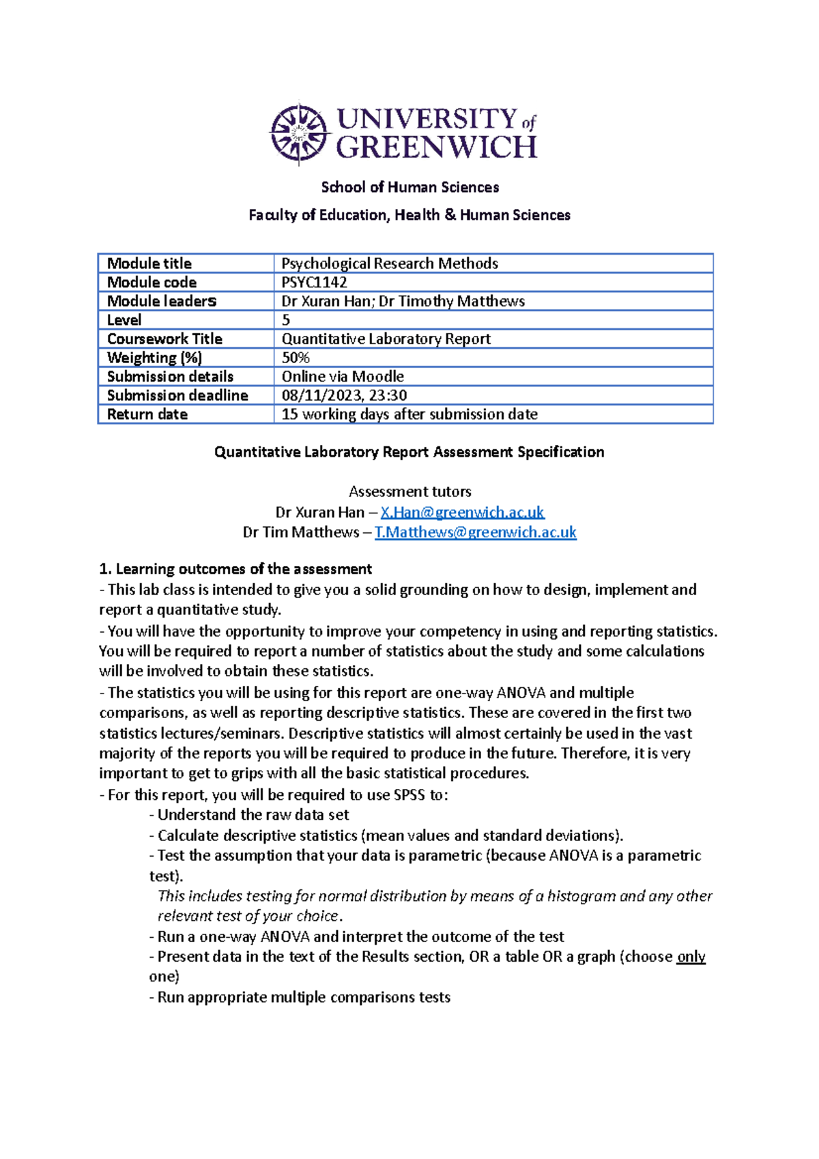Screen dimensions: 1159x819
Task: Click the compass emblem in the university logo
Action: [x=298, y=134]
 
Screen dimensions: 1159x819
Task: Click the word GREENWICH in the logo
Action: [x=437, y=147]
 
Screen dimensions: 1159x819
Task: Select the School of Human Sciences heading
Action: [x=409, y=187]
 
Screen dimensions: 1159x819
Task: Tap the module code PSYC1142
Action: [x=314, y=282]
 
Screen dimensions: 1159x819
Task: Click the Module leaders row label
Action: [x=161, y=301]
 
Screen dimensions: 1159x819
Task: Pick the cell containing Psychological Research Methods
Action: [x=389, y=263]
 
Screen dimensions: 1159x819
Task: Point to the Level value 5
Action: [x=286, y=320]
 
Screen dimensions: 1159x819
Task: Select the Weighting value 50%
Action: [x=296, y=358]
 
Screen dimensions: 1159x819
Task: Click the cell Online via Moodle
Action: [x=343, y=377]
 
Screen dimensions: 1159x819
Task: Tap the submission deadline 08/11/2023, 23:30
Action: [x=344, y=395]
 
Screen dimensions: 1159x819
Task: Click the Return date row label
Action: [x=147, y=414]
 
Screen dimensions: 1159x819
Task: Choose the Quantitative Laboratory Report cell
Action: [x=386, y=339]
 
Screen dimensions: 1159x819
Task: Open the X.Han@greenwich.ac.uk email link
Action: [x=462, y=512]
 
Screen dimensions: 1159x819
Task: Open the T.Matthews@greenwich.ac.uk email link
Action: [x=475, y=532]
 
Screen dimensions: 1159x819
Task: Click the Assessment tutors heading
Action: [x=409, y=491]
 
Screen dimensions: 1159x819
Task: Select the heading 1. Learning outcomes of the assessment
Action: [x=235, y=569]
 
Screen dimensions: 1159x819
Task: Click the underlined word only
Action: [x=691, y=957]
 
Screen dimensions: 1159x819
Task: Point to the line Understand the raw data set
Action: [x=253, y=815]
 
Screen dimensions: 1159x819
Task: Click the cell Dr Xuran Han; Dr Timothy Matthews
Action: [x=403, y=301]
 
